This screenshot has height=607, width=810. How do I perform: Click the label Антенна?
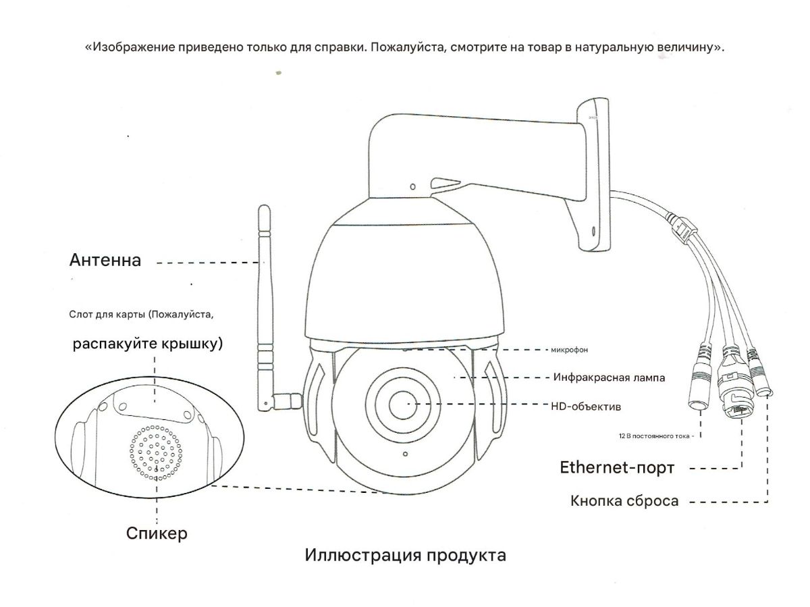tap(105, 261)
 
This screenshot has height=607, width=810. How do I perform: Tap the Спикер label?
tap(157, 533)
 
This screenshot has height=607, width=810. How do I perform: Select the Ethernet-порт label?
tap(617, 467)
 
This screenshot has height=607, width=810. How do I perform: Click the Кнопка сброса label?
tap(624, 501)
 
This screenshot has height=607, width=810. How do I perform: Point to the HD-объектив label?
tap(586, 406)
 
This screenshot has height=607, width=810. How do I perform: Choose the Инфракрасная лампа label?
tap(609, 377)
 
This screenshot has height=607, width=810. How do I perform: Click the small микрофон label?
tap(570, 350)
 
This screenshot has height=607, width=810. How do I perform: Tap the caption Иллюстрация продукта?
tap(405, 556)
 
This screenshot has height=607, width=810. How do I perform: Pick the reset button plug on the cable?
tap(762, 381)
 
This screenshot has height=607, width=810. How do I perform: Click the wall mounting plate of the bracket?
tap(594, 176)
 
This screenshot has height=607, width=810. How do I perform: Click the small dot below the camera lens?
tap(404, 454)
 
